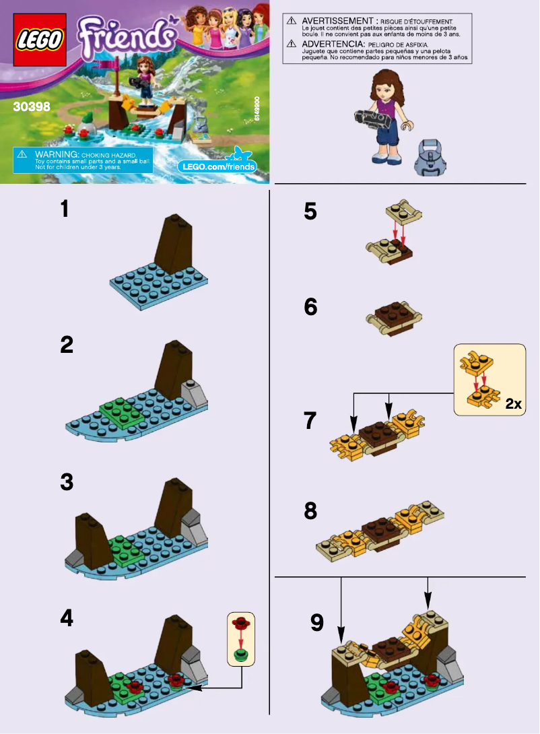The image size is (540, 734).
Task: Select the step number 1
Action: (x=65, y=209)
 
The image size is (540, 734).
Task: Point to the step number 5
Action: (x=310, y=211)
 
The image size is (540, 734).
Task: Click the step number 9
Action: (x=317, y=623)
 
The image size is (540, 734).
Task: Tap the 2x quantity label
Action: (x=512, y=404)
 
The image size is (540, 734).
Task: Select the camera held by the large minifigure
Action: (x=372, y=120)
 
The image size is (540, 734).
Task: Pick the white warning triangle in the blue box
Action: (x=22, y=154)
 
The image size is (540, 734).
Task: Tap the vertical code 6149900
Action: (x=258, y=108)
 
